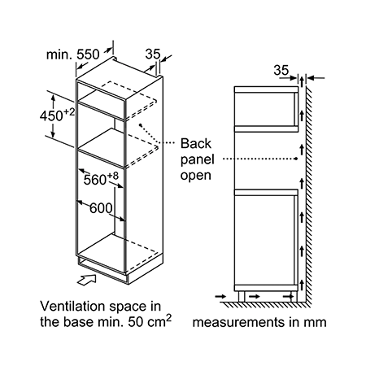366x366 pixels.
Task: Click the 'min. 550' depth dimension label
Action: point(73,54)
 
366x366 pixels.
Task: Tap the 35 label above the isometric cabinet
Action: point(153,54)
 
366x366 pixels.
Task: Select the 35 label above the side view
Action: point(281,70)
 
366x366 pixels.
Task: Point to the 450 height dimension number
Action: point(51,116)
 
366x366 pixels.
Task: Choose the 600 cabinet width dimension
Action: point(101,208)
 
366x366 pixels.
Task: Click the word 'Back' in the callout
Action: point(196,143)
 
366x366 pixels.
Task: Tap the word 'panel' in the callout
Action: point(198,160)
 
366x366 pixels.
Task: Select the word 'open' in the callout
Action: point(196,176)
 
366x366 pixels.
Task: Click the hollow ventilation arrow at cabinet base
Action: point(87,280)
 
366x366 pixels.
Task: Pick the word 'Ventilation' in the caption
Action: point(72,307)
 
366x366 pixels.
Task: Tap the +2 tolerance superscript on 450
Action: point(69,111)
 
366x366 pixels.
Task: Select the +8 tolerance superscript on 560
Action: point(113,176)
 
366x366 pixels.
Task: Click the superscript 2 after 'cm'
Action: point(169,318)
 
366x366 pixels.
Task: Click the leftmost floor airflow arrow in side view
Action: point(220,296)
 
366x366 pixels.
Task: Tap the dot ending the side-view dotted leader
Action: point(297,159)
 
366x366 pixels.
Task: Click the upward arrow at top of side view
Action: point(302,81)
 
